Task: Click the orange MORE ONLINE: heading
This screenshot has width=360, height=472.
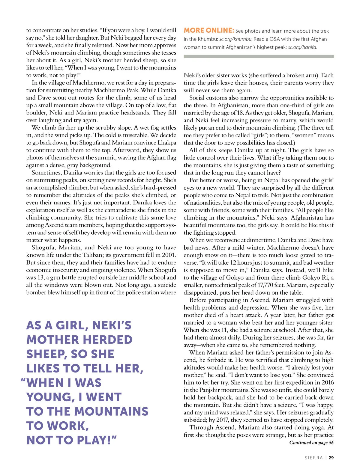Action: click(x=209, y=30)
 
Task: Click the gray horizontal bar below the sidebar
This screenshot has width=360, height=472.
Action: click(x=258, y=56)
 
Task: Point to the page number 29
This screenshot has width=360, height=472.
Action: click(x=331, y=458)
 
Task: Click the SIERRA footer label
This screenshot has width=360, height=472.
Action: click(x=313, y=458)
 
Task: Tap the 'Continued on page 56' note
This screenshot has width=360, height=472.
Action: click(x=311, y=443)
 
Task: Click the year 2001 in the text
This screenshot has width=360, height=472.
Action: click(x=168, y=255)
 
